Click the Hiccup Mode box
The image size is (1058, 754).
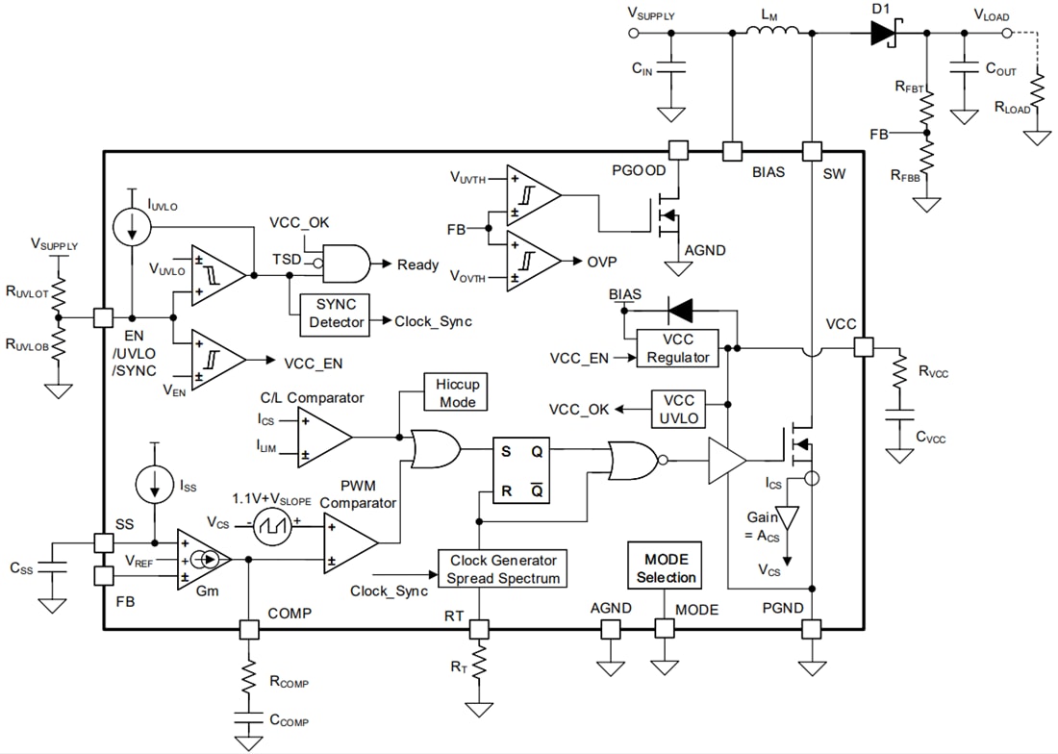[x=458, y=392]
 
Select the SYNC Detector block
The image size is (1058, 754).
[x=336, y=314]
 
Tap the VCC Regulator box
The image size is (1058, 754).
[x=678, y=348]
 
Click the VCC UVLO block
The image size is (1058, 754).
[x=679, y=409]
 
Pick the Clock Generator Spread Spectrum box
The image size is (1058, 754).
[x=503, y=568]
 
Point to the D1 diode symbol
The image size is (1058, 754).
[x=883, y=33]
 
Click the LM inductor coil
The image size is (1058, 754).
[x=772, y=33]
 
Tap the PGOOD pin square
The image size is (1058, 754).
[x=678, y=150]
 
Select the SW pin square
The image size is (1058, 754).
[x=812, y=150]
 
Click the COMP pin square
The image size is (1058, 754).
[x=249, y=629]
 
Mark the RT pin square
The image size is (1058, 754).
[x=478, y=629]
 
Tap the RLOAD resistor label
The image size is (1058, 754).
[x=1012, y=108]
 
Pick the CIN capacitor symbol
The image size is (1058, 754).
[x=671, y=69]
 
